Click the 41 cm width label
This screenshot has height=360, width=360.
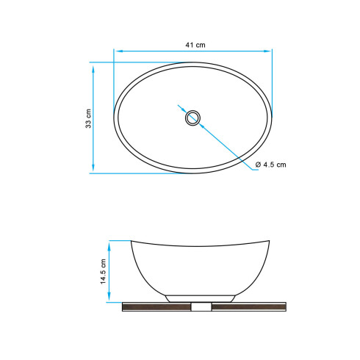pos(195,45)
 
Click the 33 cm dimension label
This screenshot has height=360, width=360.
pos(88,118)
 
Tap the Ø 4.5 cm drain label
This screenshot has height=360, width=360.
pos(270,165)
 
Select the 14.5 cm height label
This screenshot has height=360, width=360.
pos(103,271)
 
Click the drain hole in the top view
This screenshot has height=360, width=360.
pos(192,118)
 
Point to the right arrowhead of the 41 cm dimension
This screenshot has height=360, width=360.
pos(267,51)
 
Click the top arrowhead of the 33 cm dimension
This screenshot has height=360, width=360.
pos(93,69)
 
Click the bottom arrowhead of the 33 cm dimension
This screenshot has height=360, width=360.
pos(93,168)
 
